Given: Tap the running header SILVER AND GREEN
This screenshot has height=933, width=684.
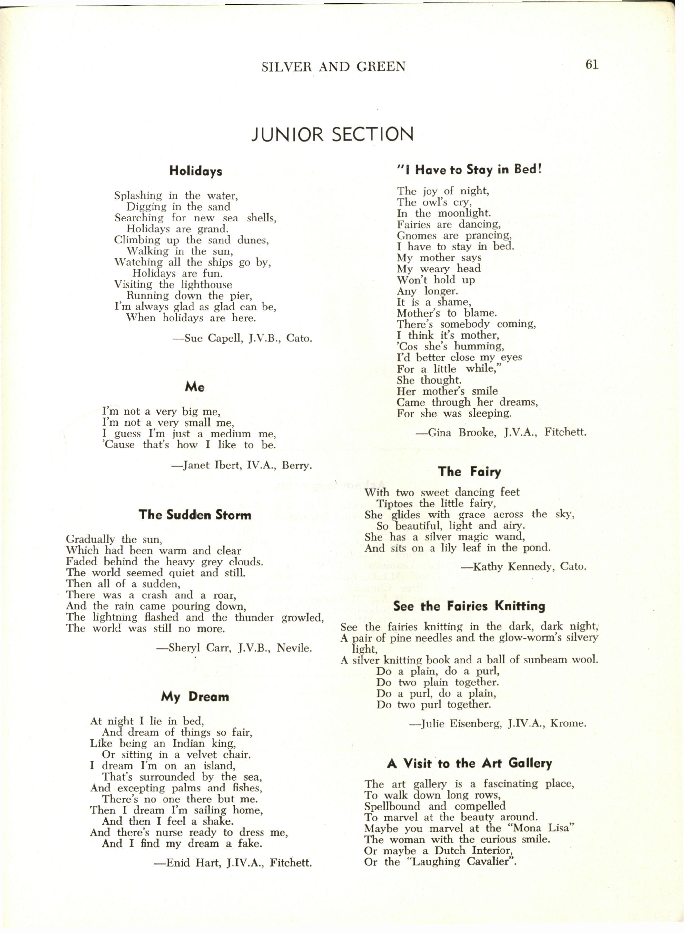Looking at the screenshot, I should point(334,66).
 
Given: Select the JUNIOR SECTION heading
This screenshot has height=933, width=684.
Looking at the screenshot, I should point(333,134).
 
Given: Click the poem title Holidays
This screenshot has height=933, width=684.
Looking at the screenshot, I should point(195,171).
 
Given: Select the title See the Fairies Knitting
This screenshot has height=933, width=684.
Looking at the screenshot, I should point(469,606).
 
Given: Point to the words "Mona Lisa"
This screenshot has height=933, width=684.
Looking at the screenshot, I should point(540,828).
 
